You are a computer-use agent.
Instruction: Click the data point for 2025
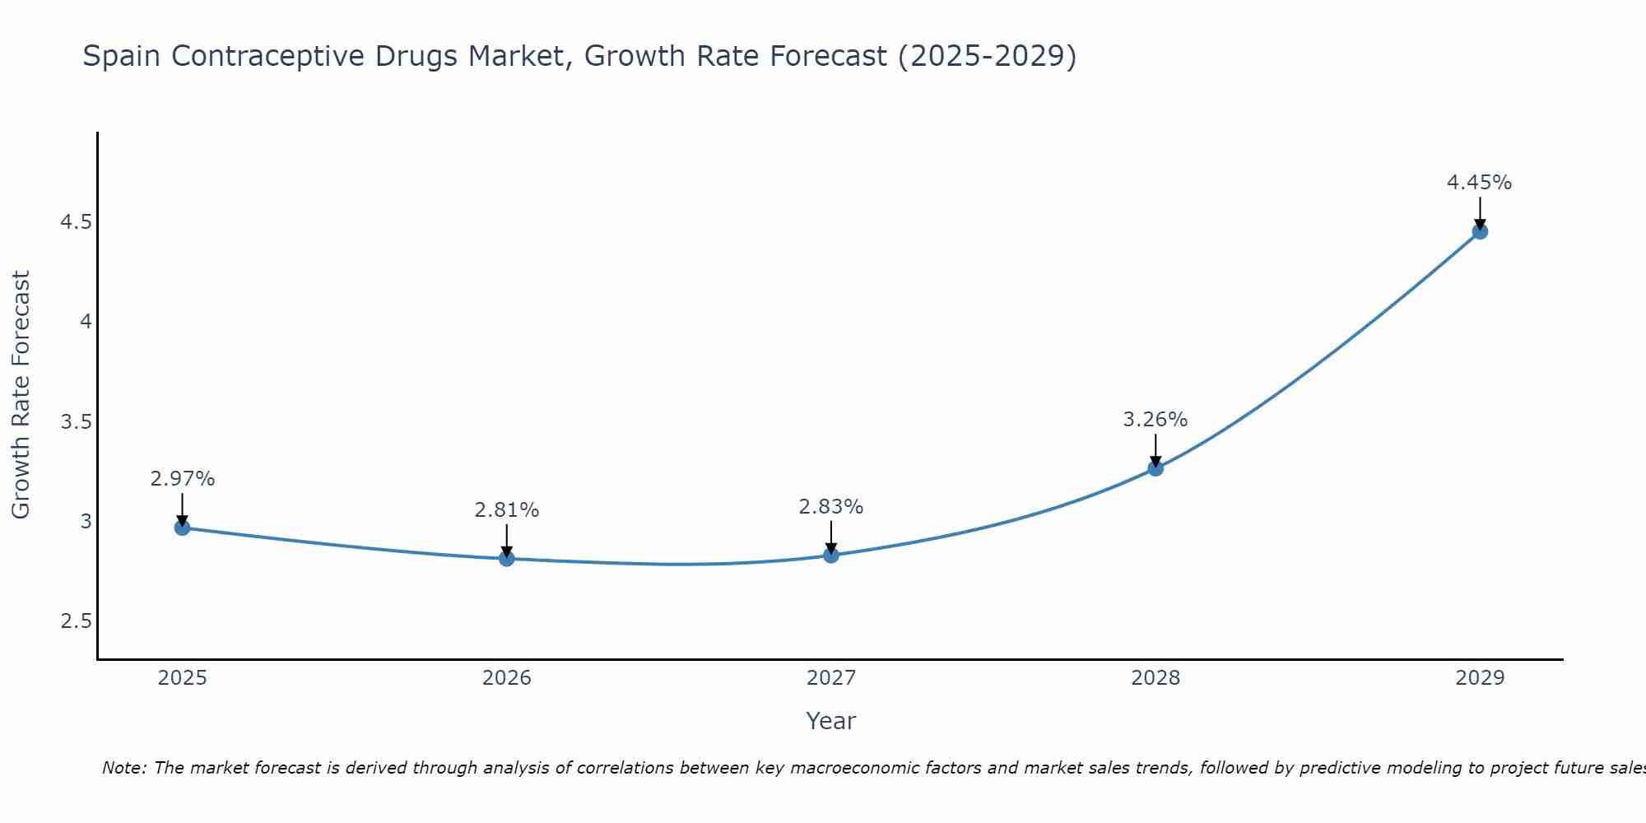coord(183,528)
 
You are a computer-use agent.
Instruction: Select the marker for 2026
coord(507,559)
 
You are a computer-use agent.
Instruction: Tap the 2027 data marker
coord(831,556)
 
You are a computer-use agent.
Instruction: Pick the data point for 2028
coord(1155,468)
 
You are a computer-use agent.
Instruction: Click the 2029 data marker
coord(1480,231)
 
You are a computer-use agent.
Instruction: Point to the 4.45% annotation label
coord(1479,183)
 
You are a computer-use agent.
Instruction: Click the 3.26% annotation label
coord(1155,420)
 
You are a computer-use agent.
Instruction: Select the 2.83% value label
coord(830,507)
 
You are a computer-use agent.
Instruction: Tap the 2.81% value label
coord(506,510)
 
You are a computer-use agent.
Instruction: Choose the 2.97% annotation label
coord(182,479)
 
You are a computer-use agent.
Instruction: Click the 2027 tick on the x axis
coord(831,678)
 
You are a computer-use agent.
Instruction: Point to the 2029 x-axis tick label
coord(1480,678)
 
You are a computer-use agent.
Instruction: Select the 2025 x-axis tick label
coord(183,678)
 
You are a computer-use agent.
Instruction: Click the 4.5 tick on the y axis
coord(76,222)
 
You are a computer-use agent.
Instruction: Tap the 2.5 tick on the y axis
coord(76,621)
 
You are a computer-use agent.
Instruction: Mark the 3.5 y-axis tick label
coord(76,422)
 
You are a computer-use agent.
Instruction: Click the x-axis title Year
coord(831,721)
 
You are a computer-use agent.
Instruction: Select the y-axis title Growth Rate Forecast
coord(21,395)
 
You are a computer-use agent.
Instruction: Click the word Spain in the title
coord(122,56)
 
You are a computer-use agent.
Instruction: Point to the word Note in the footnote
coord(123,768)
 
